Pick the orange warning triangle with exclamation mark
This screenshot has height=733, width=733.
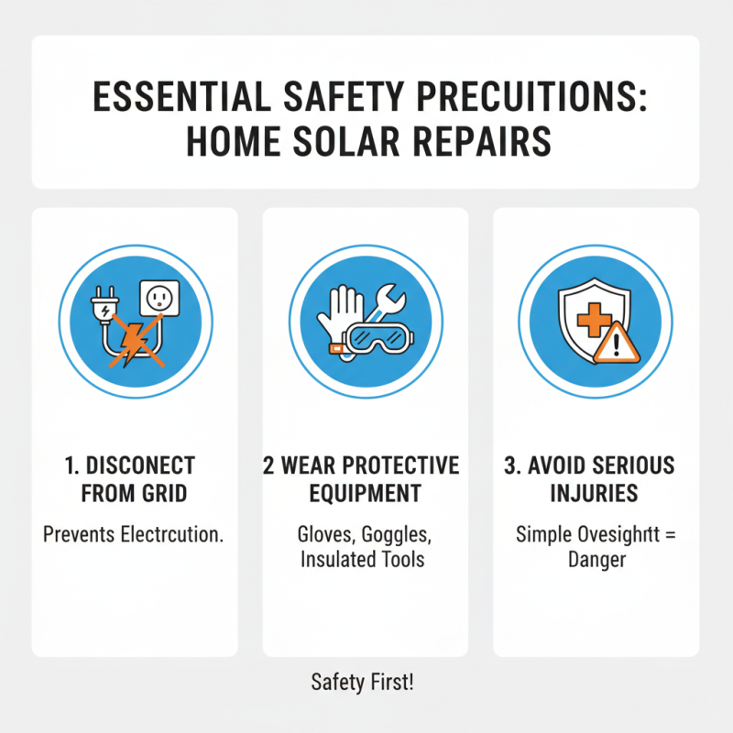pos(615,342)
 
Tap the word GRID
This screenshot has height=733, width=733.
pos(164,494)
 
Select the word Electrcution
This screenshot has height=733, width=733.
pos(171,534)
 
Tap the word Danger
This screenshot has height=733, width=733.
pos(596,559)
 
